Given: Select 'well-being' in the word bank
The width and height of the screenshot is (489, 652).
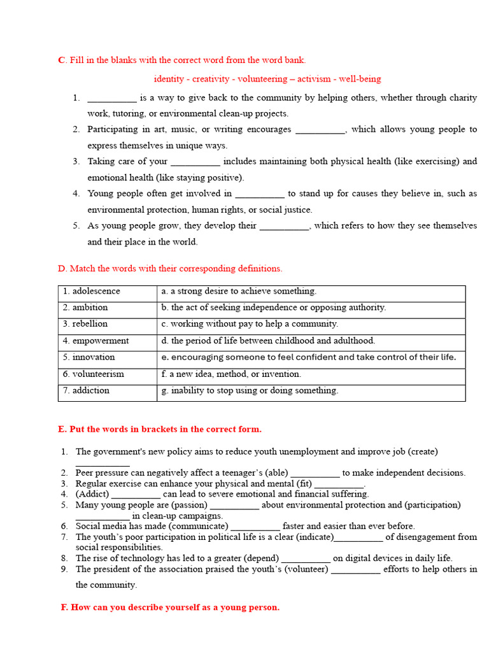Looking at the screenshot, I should click(360, 79).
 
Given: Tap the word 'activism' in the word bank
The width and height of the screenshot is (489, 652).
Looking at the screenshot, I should click(314, 79).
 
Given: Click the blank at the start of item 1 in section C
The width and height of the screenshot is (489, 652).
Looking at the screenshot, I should click(111, 99).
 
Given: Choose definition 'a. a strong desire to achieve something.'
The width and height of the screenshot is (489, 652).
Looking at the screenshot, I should click(239, 292).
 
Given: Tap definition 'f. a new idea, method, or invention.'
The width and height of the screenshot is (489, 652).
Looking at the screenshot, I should click(231, 374).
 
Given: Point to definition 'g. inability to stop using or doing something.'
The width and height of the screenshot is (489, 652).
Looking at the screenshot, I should click(250, 391).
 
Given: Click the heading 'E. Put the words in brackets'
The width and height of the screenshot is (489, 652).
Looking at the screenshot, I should click(159, 430).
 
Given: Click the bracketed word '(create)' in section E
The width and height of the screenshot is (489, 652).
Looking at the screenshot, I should click(423, 451).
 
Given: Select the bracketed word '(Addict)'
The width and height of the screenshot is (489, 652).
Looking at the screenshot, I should click(92, 494).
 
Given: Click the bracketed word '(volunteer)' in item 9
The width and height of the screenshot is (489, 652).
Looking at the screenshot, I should click(305, 569).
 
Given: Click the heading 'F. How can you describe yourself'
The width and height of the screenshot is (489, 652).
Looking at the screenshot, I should click(169, 607).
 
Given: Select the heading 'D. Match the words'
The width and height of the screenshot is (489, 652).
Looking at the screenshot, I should click(169, 269).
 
